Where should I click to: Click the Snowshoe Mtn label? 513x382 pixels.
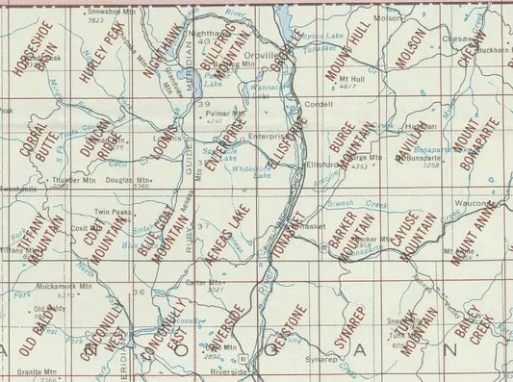(x=96, y=12)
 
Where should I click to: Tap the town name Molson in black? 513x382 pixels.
(x=387, y=18)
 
